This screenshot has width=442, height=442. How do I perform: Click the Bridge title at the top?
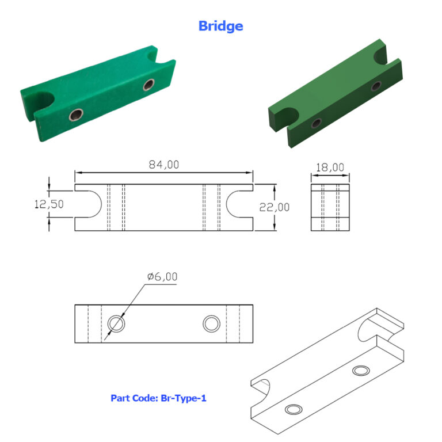(x=220, y=26)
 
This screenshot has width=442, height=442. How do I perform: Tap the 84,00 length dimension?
(x=164, y=165)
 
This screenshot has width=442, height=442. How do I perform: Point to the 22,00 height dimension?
(x=275, y=207)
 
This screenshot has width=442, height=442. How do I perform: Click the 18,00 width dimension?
(x=330, y=167)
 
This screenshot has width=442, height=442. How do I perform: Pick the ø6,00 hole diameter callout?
(x=162, y=277)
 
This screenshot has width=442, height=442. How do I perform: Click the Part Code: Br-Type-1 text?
(x=158, y=398)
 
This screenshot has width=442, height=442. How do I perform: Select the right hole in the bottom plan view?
(x=211, y=323)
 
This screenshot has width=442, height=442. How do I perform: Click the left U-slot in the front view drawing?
(x=89, y=204)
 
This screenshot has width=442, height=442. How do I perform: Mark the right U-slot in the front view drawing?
(x=239, y=204)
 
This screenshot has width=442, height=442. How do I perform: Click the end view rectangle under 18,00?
(x=330, y=208)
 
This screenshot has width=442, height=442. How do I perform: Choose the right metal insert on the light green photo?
(x=149, y=86)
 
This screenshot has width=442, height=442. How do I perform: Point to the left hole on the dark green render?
(x=316, y=123)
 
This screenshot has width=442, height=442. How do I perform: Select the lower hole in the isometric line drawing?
(x=294, y=410)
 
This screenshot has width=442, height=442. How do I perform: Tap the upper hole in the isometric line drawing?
(x=361, y=370)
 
